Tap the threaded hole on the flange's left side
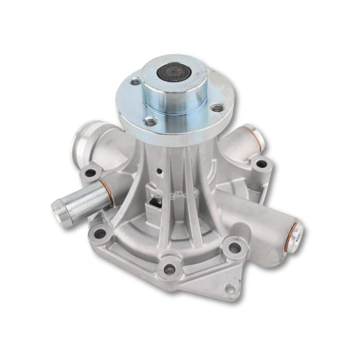click(135, 81)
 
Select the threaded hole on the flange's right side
click(218, 107)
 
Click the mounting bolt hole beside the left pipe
click(91, 173)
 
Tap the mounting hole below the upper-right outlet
click(261, 164)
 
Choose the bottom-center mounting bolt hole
click(169, 268)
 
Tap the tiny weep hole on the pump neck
click(160, 171)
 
